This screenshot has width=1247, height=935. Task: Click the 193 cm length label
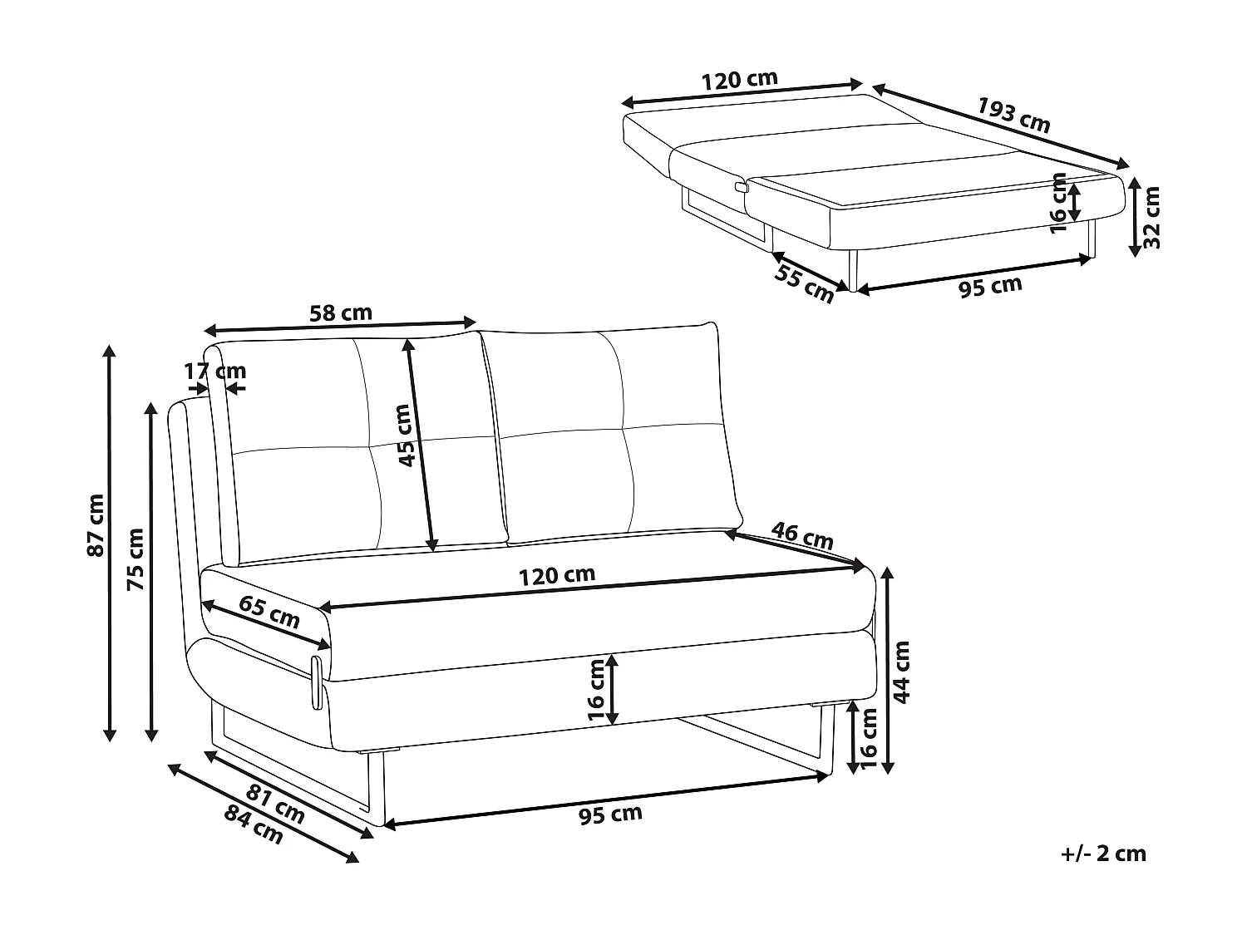(x=1014, y=116)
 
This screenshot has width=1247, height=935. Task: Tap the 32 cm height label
(x=1151, y=218)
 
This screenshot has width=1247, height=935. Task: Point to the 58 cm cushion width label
(x=340, y=312)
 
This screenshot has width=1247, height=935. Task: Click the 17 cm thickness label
(x=215, y=372)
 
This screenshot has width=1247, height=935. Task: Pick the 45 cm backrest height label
(x=405, y=436)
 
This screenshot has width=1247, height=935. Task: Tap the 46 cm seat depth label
(x=802, y=536)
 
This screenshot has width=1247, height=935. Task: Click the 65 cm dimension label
(x=269, y=612)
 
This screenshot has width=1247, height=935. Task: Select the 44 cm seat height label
(x=902, y=672)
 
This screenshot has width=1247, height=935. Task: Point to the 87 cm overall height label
(x=96, y=525)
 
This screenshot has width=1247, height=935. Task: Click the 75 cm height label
(x=136, y=559)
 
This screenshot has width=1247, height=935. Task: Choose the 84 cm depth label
(x=254, y=826)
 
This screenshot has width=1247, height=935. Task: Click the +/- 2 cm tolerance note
(x=1103, y=870)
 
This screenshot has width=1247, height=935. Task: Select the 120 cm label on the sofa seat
(x=557, y=576)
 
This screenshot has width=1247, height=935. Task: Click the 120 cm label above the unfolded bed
(x=739, y=80)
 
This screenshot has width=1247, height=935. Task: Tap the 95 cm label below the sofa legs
(x=610, y=815)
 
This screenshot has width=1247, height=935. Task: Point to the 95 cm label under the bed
(x=990, y=286)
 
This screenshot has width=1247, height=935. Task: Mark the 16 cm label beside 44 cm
(x=870, y=739)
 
